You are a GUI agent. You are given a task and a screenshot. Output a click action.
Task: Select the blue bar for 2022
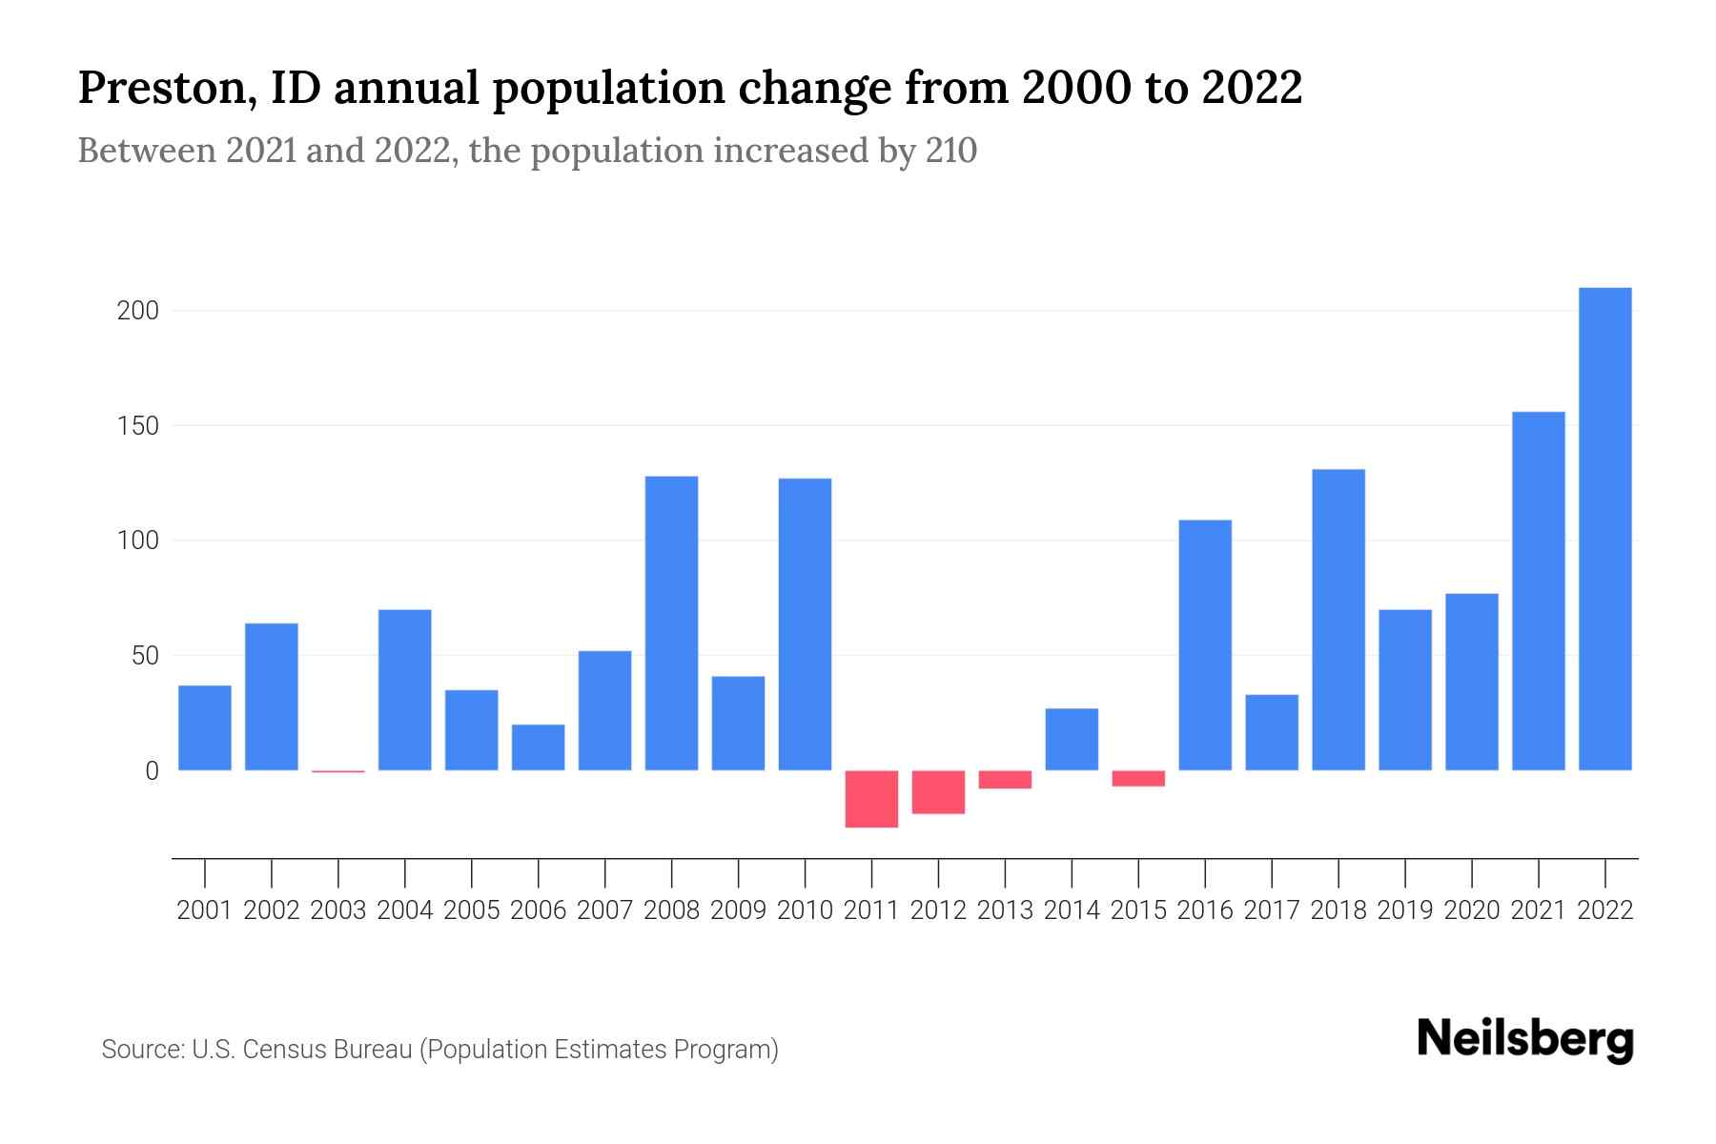coord(1605,529)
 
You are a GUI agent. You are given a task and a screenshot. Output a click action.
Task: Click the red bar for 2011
coord(871,799)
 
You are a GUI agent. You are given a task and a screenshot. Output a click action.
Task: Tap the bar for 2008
coord(671,623)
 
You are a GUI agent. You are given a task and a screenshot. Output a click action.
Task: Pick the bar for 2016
coord(1205,645)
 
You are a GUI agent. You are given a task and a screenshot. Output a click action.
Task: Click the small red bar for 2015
coord(1138,778)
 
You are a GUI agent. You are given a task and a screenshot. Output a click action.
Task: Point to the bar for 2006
coord(538,747)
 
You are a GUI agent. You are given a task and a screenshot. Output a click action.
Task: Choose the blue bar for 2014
coord(1072,739)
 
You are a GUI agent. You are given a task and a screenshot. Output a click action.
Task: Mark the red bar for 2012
coord(938,792)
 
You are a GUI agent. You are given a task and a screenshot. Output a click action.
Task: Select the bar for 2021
coord(1539,591)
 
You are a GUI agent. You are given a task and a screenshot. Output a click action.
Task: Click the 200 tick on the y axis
coord(137,311)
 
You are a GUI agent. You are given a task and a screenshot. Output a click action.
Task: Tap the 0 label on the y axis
coord(152,771)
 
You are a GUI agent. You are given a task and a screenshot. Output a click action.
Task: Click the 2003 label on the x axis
coord(338,910)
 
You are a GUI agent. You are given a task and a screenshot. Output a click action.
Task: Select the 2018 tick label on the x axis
coord(1338,910)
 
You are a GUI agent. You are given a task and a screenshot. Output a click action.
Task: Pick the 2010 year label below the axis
coord(805,910)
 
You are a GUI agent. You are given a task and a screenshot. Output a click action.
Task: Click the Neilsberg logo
coord(1525,1039)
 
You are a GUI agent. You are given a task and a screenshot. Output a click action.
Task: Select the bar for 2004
coord(404,690)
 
